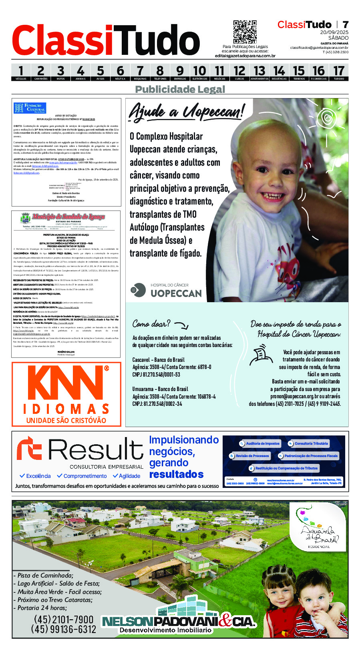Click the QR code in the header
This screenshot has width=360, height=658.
click(245, 32)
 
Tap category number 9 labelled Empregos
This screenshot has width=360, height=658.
click(180, 72)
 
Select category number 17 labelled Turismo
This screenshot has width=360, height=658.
click(339, 72)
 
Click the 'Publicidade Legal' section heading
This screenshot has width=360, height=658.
click(180, 89)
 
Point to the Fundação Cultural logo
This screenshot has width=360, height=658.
click(30, 108)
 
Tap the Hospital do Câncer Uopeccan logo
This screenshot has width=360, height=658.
click(167, 290)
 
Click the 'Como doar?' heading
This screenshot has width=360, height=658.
click(151, 323)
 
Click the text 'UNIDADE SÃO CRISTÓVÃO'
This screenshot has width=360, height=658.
click(66, 420)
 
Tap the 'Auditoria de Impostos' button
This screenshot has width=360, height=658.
click(259, 443)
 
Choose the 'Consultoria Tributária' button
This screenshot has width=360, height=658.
click(308, 443)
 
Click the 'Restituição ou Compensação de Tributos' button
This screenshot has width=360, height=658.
click(283, 468)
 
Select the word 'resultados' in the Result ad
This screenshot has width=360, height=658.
click(176, 474)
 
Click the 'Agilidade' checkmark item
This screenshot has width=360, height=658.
click(127, 476)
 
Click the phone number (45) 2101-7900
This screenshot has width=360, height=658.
click(64, 620)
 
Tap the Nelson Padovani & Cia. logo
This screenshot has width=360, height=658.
click(179, 622)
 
